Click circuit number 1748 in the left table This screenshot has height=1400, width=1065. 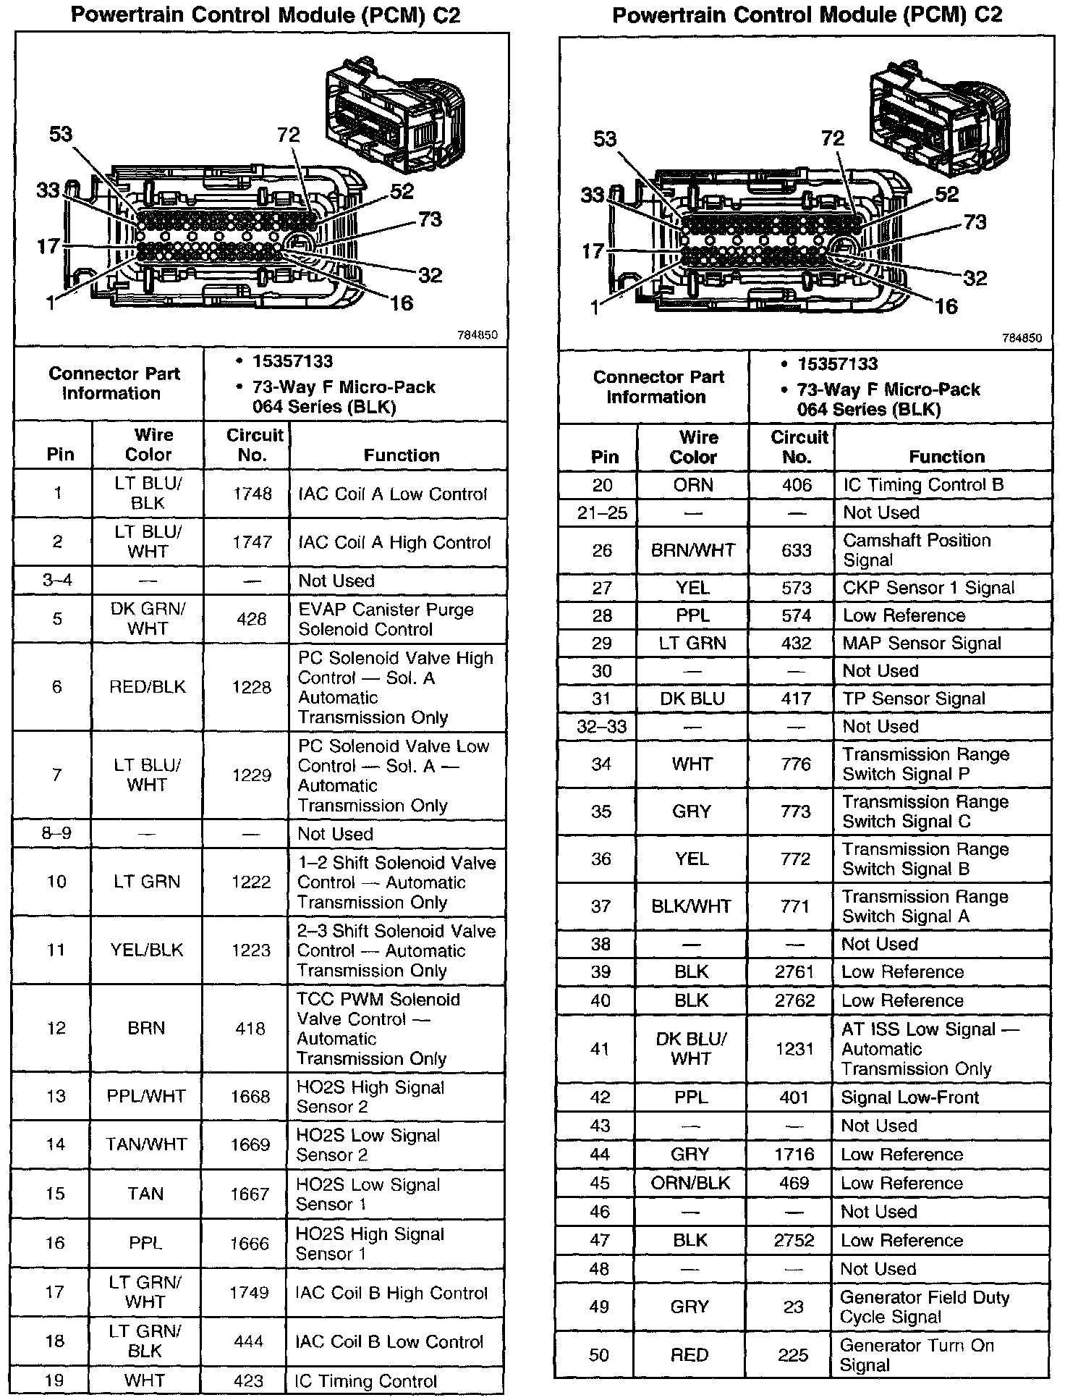[x=252, y=494]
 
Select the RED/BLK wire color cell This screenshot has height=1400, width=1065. [x=147, y=687]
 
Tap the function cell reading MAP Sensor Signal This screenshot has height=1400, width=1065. [x=922, y=643]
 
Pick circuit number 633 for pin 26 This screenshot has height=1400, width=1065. [x=796, y=550]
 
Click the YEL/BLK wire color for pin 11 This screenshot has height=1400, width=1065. [x=146, y=950]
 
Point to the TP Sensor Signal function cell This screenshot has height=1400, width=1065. [x=914, y=699]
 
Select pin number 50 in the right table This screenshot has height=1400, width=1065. [x=599, y=1354]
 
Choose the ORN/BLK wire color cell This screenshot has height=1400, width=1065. [x=691, y=1183]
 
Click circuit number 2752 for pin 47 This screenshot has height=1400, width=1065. [x=794, y=1240]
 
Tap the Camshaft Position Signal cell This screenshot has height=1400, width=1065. [x=917, y=550]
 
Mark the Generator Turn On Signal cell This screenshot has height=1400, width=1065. [x=917, y=1355]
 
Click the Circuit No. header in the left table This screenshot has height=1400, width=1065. [x=254, y=445]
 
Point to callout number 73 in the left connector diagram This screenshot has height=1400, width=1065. [x=430, y=219]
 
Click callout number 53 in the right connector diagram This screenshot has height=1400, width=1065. [x=605, y=138]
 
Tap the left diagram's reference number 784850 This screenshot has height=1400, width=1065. [x=478, y=335]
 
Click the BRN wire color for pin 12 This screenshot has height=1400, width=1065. [x=146, y=1028]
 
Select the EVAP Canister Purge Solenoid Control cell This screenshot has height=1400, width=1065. [x=385, y=619]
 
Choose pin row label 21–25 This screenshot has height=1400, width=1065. [x=601, y=513]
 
